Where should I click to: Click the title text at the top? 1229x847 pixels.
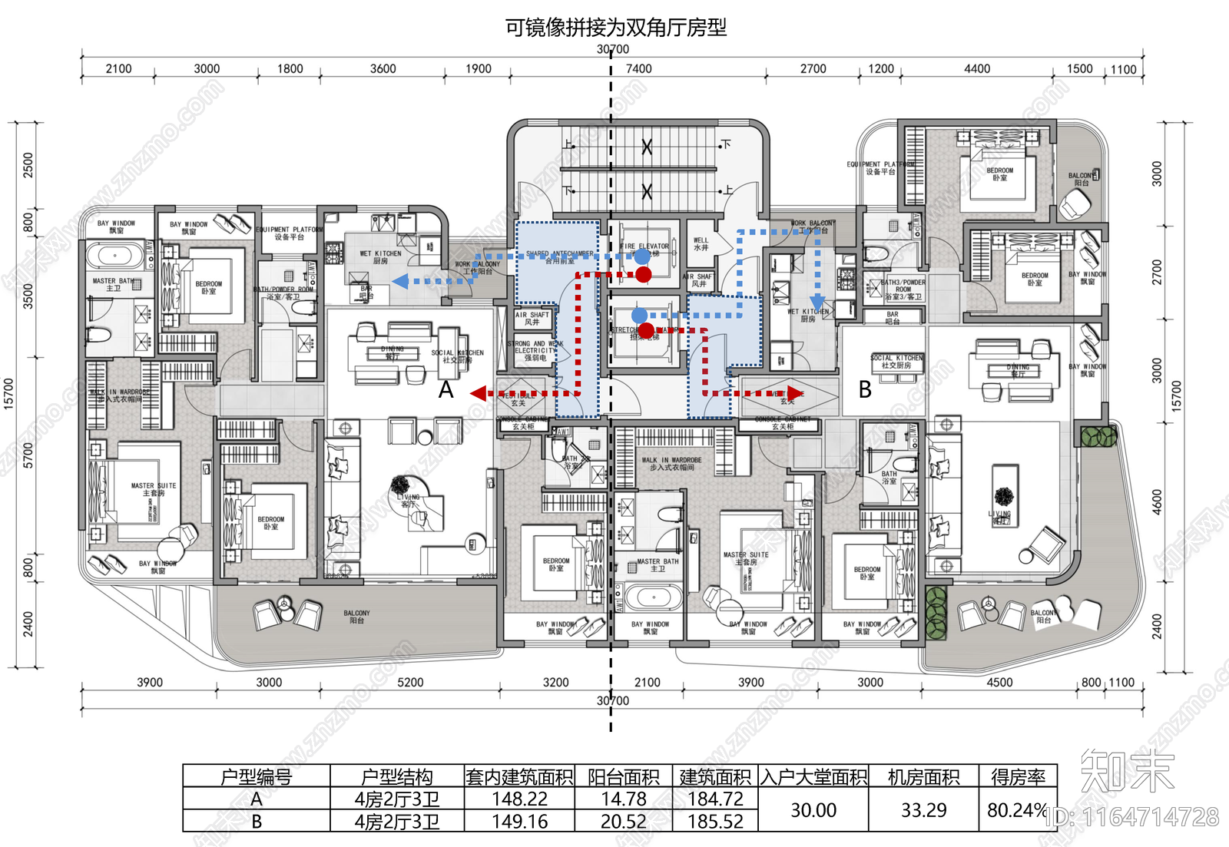[615, 28]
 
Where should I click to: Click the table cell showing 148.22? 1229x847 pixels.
[519, 799]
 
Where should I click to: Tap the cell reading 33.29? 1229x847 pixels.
[923, 810]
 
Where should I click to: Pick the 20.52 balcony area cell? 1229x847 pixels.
[623, 822]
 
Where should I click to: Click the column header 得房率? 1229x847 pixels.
[1018, 777]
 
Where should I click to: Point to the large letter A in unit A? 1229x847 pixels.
[446, 390]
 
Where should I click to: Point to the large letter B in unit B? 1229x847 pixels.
[865, 390]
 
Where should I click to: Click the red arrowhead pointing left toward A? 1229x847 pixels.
[478, 394]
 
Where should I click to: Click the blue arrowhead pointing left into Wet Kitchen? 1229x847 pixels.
[400, 282]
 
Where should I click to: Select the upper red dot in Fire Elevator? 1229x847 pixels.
[644, 274]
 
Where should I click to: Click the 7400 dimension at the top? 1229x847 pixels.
[638, 69]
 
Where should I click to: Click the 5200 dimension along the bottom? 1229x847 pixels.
[410, 682]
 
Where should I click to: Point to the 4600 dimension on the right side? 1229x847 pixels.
[1158, 502]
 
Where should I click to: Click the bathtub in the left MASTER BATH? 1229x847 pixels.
[115, 254]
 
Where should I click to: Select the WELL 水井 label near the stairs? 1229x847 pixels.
[701, 243]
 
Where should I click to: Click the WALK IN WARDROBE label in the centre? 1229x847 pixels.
[671, 463]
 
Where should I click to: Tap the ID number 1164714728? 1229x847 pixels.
[1133, 817]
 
